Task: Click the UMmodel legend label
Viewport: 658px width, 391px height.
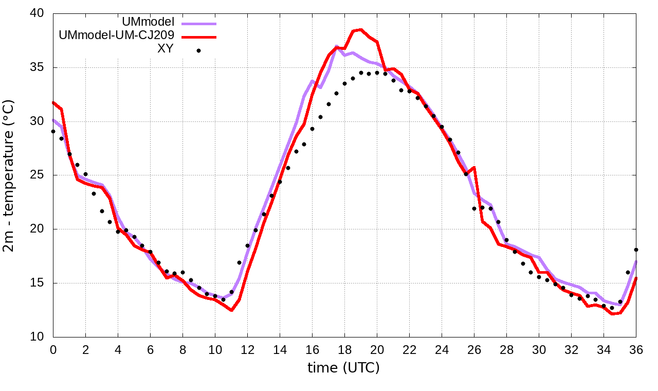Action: pos(149,22)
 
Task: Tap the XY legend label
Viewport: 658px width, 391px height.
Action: pos(166,49)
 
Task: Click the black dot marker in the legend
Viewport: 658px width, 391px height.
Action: pos(199,50)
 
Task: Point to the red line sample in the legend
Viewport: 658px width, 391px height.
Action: pos(199,37)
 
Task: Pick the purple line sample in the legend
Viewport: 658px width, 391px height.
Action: pos(199,23)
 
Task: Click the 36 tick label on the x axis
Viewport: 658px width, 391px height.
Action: pos(636,349)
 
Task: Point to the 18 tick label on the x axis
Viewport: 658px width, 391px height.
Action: pos(344,349)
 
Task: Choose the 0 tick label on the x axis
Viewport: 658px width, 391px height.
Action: pos(53,349)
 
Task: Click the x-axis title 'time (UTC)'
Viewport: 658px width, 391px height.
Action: pos(343,367)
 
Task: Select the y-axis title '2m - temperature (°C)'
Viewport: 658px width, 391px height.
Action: pos(9,175)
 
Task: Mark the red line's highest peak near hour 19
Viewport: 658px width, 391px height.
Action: pos(361,29)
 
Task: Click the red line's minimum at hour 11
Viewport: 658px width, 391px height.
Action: pos(231,310)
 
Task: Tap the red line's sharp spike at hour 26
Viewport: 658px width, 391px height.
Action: pos(474,167)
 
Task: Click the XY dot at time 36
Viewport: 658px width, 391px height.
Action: pos(636,250)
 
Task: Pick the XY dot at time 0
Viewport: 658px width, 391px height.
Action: pos(53,131)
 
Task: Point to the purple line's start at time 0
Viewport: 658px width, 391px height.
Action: pos(53,120)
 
